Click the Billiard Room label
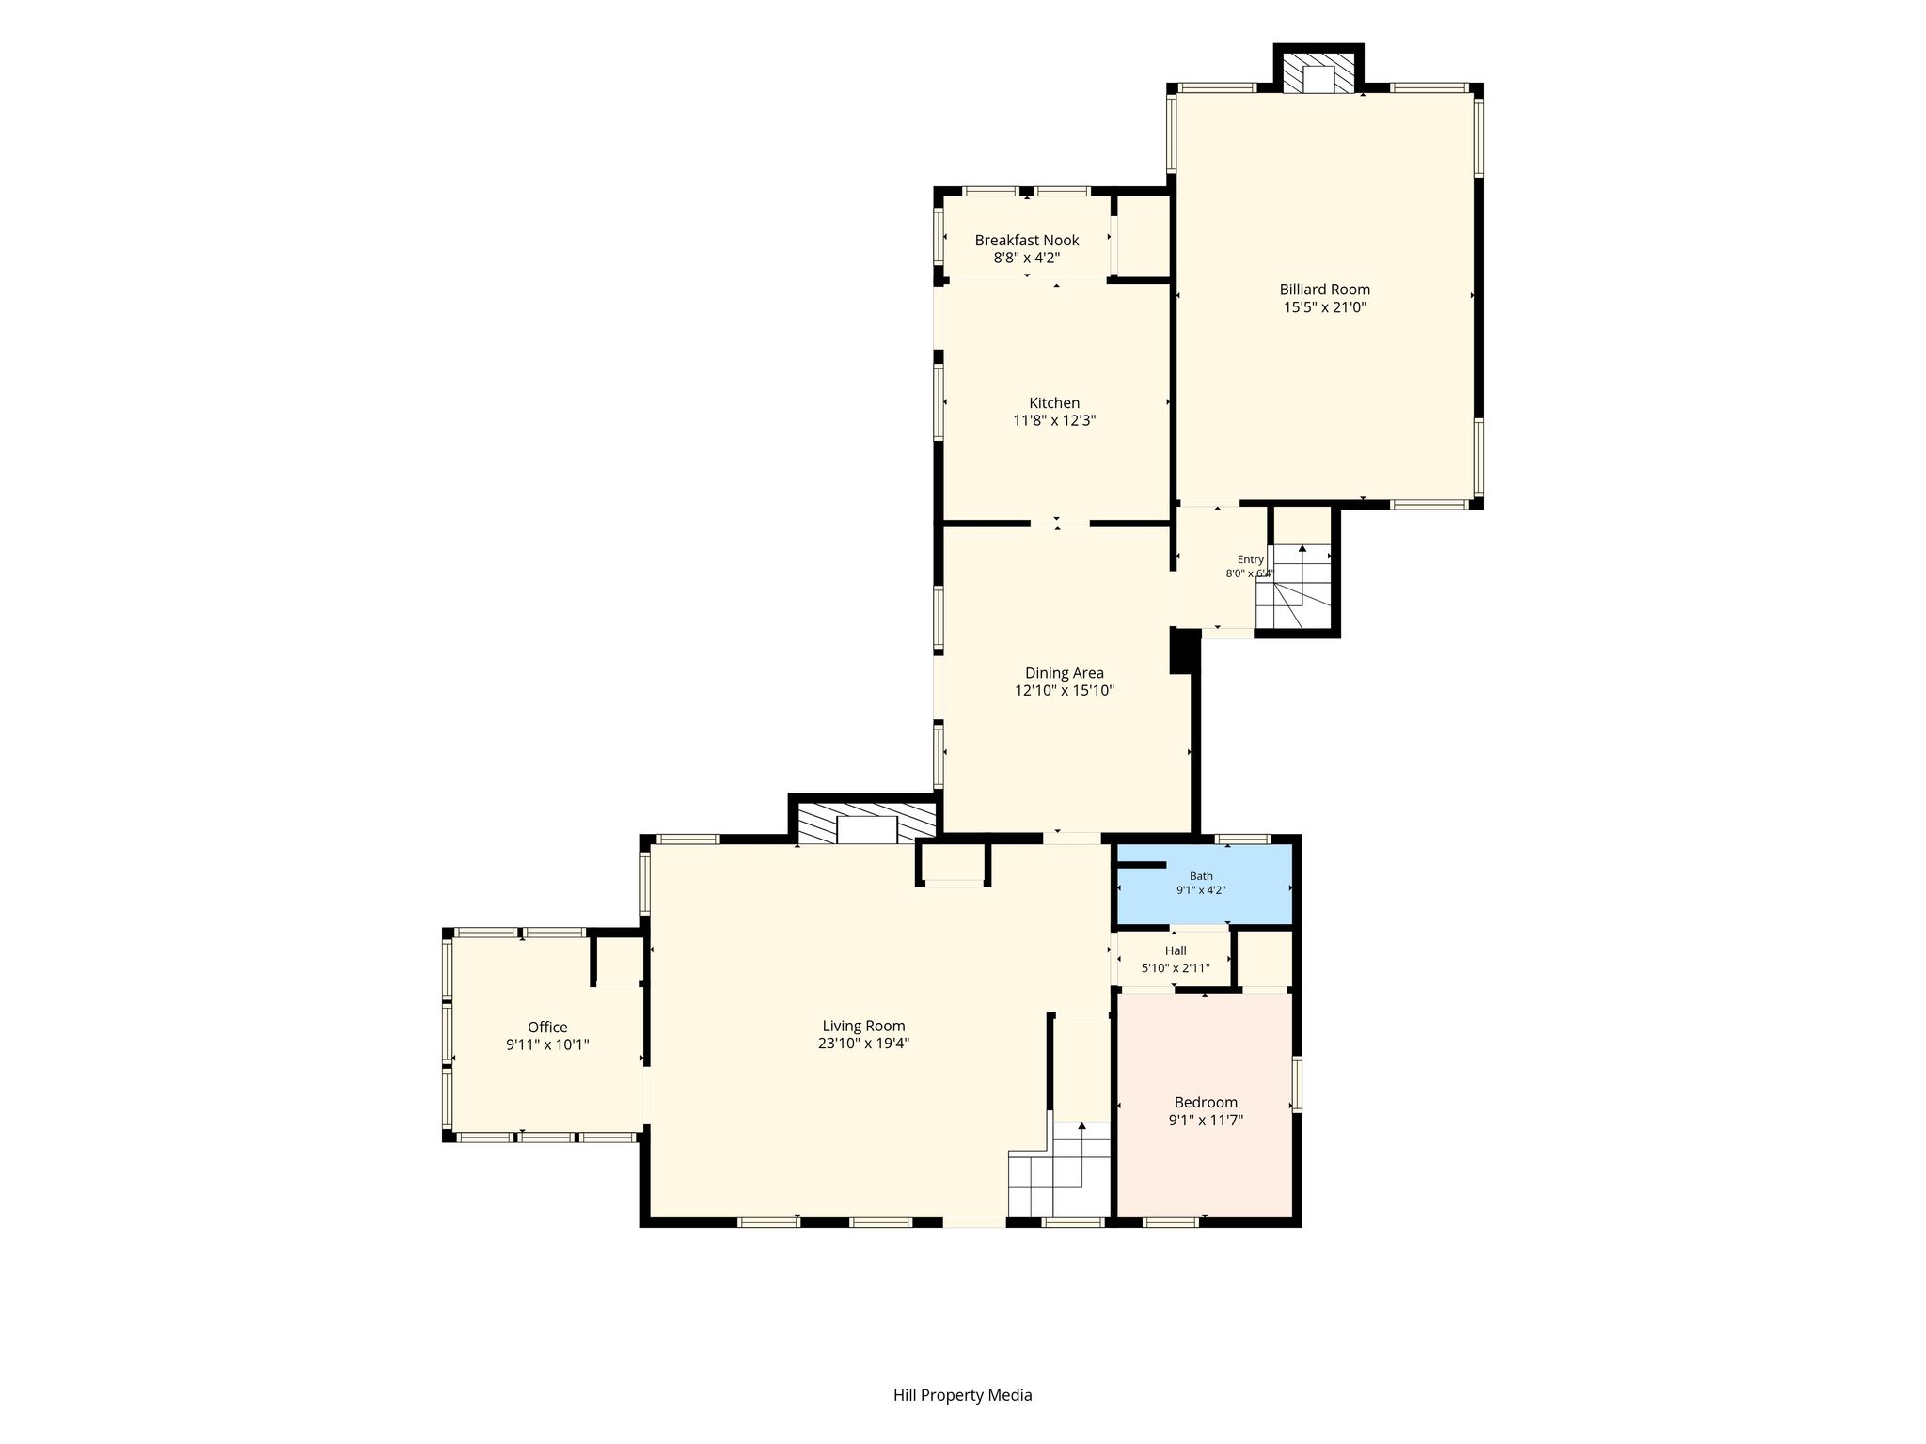(1324, 290)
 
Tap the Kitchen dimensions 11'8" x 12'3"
(1054, 421)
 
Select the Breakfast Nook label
(1027, 241)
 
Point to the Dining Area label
(1065, 673)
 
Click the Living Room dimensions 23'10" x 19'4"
(863, 1044)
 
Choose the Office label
(547, 1028)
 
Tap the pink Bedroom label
(1206, 1103)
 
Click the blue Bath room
(1204, 885)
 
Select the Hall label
(1176, 950)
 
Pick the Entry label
(1251, 559)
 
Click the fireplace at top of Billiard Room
(1318, 72)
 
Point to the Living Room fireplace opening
(867, 830)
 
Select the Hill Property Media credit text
(962, 1395)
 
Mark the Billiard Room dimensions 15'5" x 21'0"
(1324, 307)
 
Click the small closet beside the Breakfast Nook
(1143, 236)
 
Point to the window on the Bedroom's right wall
(1297, 1084)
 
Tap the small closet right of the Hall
(1265, 959)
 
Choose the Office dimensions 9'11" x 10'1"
(547, 1044)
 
